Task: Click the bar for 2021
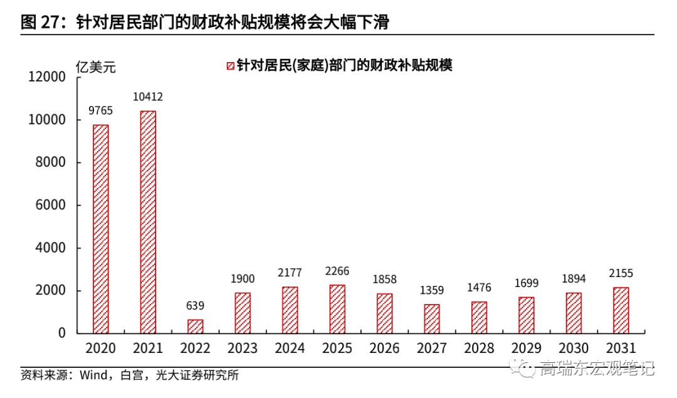[x=148, y=222]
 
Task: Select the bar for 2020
[x=101, y=229]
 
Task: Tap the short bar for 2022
[x=196, y=327]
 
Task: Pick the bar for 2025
[x=337, y=309]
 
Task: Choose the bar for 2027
[x=432, y=318]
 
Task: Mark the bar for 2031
[x=621, y=310]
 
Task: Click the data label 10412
[x=148, y=97]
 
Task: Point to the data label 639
[x=196, y=306]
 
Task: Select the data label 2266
[x=337, y=271]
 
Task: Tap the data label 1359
[x=432, y=290]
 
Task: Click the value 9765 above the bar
[x=101, y=111]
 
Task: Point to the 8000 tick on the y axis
[x=51, y=162]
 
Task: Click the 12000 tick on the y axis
[x=47, y=77]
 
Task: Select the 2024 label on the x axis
[x=290, y=348]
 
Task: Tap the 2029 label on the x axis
[x=526, y=348]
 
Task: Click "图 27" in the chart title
[x=41, y=23]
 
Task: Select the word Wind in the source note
[x=93, y=376]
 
